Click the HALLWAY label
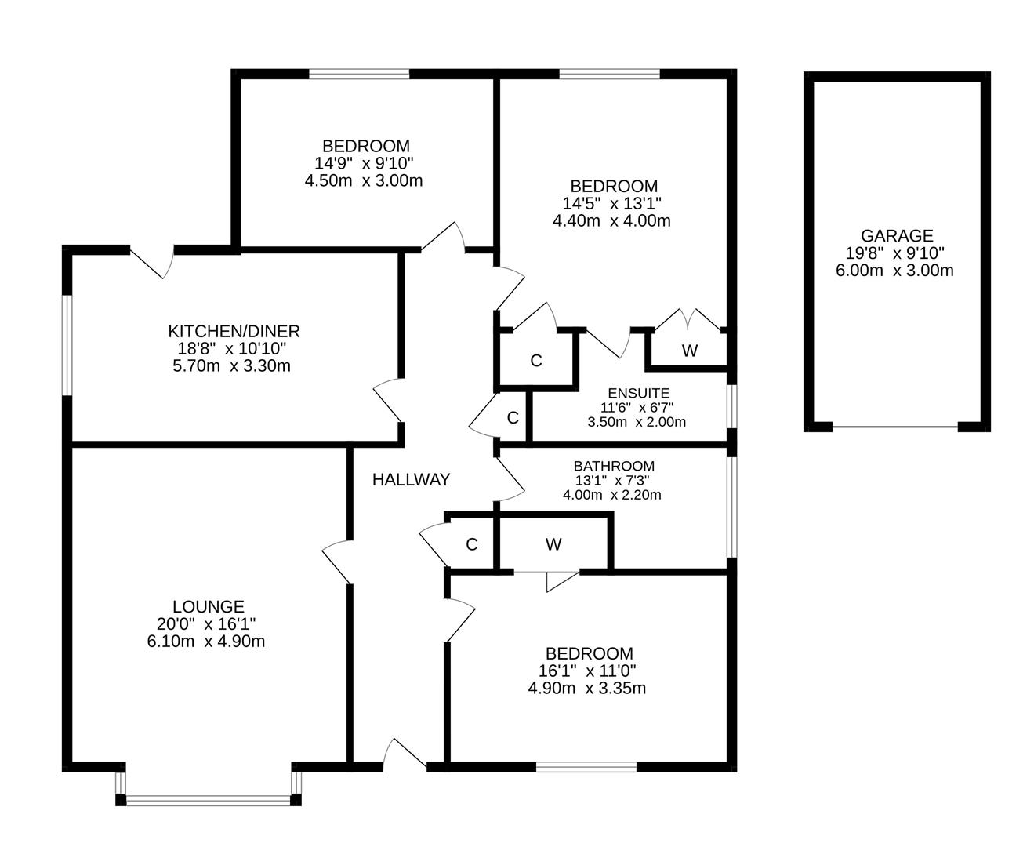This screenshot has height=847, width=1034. point(411,479)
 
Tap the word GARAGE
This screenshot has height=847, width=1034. point(897,235)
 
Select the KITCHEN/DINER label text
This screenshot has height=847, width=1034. point(234,331)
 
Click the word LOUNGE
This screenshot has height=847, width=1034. point(208,606)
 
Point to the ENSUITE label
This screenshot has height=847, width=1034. point(638,393)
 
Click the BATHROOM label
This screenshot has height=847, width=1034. point(613,466)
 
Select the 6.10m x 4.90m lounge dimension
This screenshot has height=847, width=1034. point(206,641)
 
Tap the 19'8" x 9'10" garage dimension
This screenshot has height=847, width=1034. point(894,253)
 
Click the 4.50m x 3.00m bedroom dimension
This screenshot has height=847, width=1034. point(364,180)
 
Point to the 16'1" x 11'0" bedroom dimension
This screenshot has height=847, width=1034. point(587,671)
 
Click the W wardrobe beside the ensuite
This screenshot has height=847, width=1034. point(689,351)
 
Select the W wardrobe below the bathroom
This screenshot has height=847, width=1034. point(553,544)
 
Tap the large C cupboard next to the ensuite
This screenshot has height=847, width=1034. point(536,361)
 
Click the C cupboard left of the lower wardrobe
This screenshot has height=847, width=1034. point(471,544)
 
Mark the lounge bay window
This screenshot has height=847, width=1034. point(208,800)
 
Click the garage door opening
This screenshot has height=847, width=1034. point(894,427)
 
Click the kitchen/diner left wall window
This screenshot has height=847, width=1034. point(68,345)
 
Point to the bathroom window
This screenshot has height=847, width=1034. point(731,507)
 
